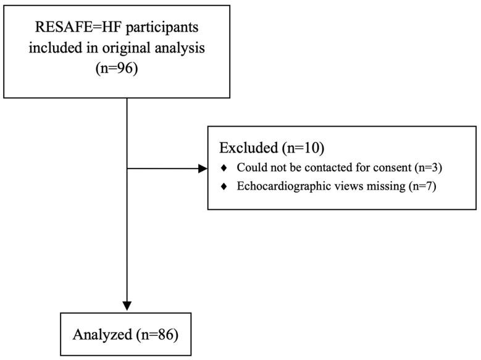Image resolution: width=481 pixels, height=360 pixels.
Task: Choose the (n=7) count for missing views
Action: tap(423, 187)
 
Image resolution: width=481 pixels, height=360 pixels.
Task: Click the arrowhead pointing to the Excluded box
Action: tap(203, 169)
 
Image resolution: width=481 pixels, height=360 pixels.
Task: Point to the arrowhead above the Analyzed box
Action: tap(127, 305)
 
